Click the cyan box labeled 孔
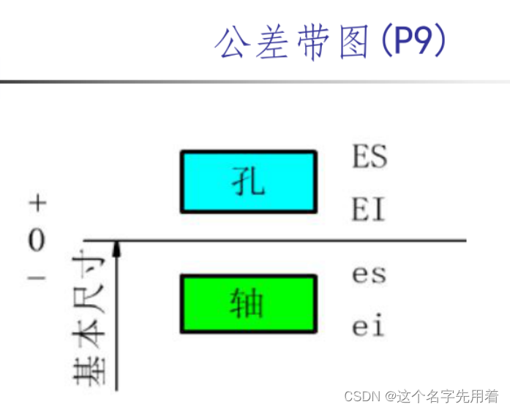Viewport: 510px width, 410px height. pos(249,181)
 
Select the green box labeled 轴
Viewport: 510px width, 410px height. pos(249,303)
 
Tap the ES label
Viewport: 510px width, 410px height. pos(369,156)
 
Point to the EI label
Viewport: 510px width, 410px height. pos(368,210)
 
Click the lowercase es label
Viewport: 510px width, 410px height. pos(369,275)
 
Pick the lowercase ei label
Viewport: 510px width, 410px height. pos(368,327)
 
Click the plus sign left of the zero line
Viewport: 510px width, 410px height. pos(37,202)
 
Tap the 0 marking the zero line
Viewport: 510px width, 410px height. pos(37,240)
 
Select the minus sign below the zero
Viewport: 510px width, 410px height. pos(37,277)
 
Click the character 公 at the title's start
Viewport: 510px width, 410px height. pos(233,43)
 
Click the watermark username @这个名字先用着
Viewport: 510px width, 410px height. pos(442,396)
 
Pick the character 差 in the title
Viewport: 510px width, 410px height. pos(274,43)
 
